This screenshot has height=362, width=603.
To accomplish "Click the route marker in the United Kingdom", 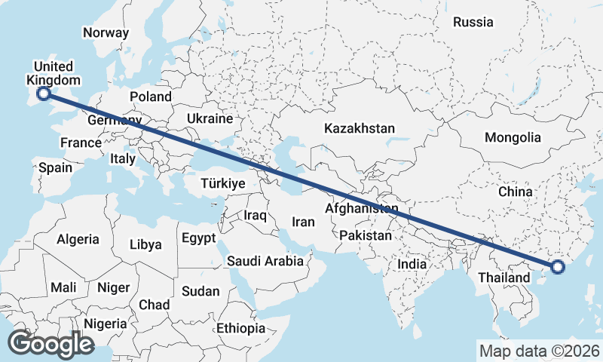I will pyautogui.click(x=44, y=93).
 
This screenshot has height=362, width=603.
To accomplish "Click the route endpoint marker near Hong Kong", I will pyautogui.click(x=558, y=266).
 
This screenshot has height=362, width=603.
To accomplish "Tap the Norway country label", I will pyautogui.click(x=106, y=32).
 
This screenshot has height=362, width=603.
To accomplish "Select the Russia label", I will pyautogui.click(x=473, y=22).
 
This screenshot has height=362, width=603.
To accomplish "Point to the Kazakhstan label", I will pyautogui.click(x=359, y=129).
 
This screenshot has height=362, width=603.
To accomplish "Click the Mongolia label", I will pyautogui.click(x=513, y=137).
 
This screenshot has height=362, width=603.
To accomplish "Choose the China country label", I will pyautogui.click(x=516, y=192).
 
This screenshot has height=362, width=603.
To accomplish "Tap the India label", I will pyautogui.click(x=412, y=265).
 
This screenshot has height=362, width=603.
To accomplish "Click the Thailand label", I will pyautogui.click(x=504, y=278).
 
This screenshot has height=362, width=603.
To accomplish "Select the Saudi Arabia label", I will pyautogui.click(x=265, y=262).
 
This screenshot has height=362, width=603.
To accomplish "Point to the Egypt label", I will pyautogui.click(x=199, y=238).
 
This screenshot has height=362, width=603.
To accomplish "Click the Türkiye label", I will pyautogui.click(x=223, y=184).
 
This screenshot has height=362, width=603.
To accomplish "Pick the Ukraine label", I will pyautogui.click(x=210, y=119).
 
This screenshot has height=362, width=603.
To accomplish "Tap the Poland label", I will pyautogui.click(x=151, y=97).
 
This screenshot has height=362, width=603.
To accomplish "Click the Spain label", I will pyautogui.click(x=55, y=167).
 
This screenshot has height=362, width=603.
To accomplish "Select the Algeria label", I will pyautogui.click(x=78, y=239).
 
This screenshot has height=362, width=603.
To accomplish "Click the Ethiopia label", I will pyautogui.click(x=240, y=328).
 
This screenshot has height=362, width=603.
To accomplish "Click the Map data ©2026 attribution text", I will pyautogui.click(x=540, y=351).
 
